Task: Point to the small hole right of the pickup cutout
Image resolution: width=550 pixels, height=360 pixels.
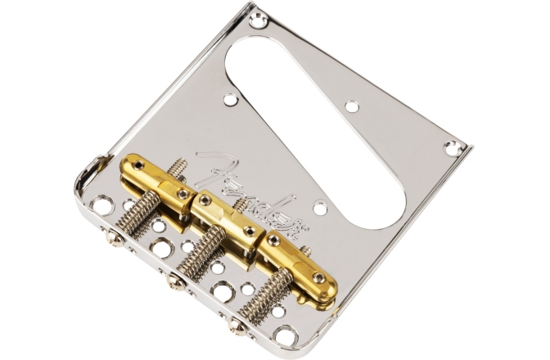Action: (351, 106)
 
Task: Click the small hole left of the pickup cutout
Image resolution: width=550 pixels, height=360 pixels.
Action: (231, 100)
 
